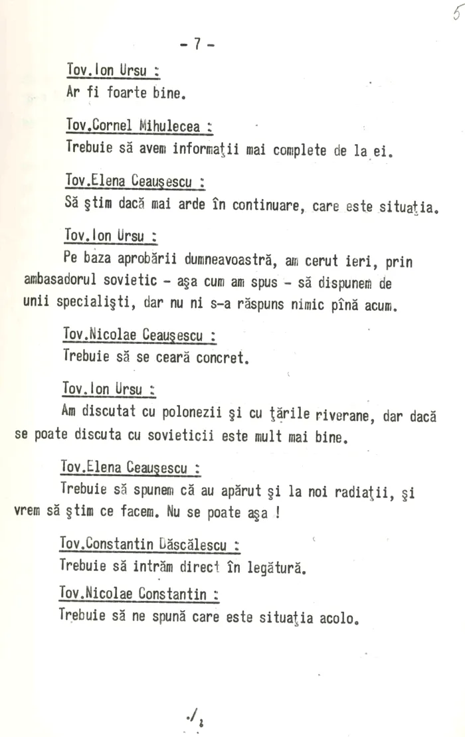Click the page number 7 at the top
click(x=197, y=44)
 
